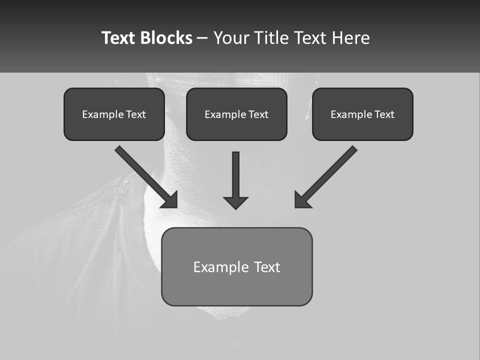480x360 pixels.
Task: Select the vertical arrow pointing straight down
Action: point(235,175)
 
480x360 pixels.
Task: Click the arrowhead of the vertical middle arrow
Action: point(235,202)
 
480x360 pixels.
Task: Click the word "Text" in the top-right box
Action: point(384,114)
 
